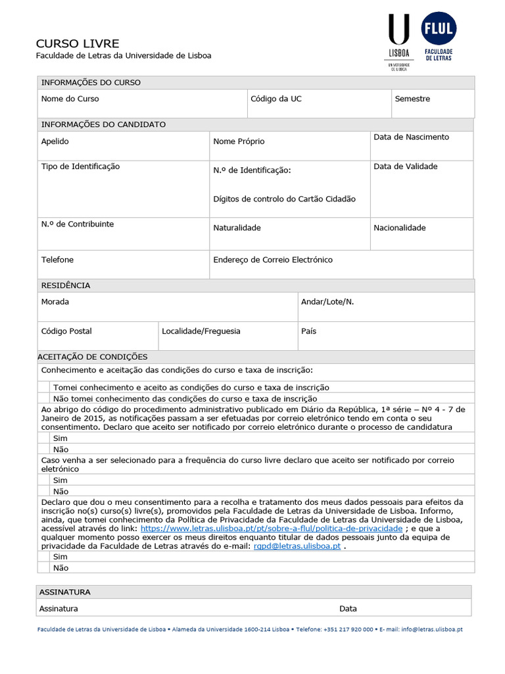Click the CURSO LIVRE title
77,43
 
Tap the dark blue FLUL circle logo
439,29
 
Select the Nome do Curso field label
70,99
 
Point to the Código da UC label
276,99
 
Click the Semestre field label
412,99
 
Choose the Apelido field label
55,142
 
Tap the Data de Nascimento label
411,137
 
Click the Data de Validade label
405,167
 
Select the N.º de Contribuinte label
77,224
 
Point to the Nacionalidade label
399,228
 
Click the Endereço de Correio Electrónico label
273,260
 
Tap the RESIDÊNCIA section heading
66,286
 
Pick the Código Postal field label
66,331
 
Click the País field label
308,331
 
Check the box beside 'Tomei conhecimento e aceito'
43,388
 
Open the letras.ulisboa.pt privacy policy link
271,529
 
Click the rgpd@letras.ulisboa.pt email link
297,546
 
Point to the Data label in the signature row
348,609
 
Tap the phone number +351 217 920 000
349,629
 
